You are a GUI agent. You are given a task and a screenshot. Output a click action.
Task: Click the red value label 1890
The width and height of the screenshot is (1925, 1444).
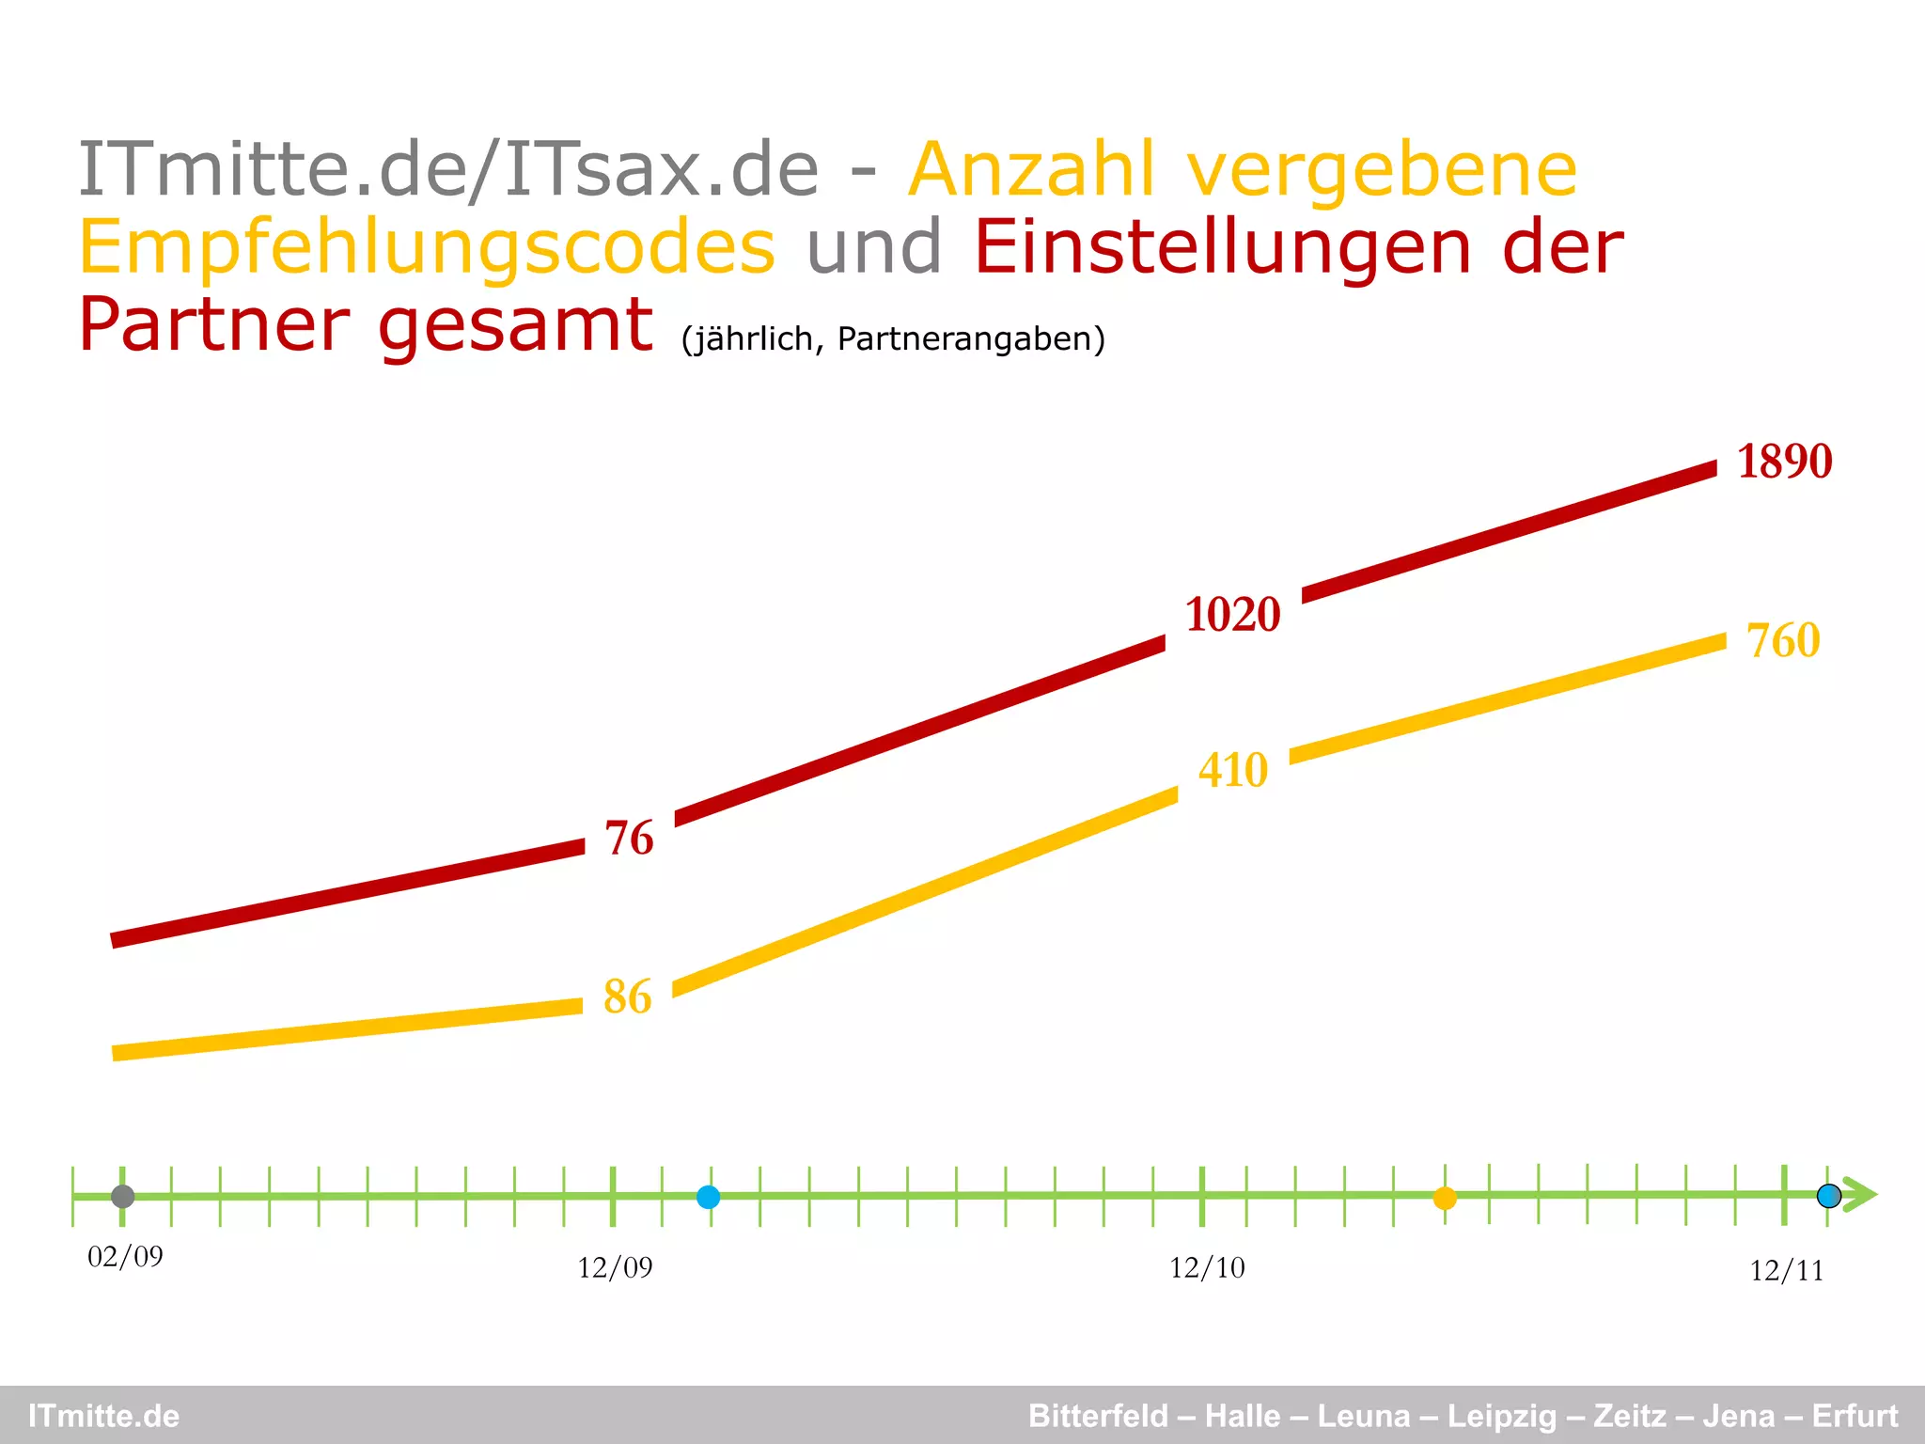(x=1784, y=462)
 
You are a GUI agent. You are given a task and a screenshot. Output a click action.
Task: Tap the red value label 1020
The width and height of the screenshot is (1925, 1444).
(x=1232, y=615)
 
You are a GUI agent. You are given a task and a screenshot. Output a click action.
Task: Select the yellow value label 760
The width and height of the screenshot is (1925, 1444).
(x=1783, y=640)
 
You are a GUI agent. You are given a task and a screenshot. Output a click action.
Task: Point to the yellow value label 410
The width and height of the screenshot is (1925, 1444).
(x=1233, y=770)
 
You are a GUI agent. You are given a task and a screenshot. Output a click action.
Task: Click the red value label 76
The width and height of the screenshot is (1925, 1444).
(x=629, y=838)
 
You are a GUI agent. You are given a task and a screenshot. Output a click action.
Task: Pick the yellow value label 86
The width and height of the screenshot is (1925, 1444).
(x=627, y=997)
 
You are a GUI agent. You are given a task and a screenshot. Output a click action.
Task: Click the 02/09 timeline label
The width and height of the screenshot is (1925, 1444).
(x=125, y=1257)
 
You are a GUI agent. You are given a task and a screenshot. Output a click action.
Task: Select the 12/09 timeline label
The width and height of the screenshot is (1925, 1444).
(x=615, y=1268)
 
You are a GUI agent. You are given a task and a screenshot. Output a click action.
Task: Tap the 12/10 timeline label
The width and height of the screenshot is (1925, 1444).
(x=1207, y=1268)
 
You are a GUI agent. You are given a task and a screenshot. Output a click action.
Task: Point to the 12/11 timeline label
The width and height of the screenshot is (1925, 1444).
(x=1786, y=1271)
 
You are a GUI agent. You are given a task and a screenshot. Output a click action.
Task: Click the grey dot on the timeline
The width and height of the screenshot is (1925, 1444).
(x=123, y=1197)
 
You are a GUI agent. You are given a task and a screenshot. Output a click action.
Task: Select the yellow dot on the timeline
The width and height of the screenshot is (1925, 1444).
(x=1445, y=1199)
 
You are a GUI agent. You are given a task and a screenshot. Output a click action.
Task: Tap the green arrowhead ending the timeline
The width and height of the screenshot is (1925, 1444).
(x=1860, y=1195)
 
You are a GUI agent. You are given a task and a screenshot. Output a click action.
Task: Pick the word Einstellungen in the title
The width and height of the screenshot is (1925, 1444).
(x=1222, y=247)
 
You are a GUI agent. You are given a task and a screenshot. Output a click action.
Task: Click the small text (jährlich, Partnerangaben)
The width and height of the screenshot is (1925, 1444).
(x=893, y=338)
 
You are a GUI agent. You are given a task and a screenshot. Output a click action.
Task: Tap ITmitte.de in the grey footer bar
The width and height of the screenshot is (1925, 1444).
(x=103, y=1416)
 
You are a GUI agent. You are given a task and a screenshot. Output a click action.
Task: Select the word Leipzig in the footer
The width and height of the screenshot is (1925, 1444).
(x=1502, y=1416)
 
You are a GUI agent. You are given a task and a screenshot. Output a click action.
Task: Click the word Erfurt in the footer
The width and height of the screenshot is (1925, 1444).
(x=1855, y=1416)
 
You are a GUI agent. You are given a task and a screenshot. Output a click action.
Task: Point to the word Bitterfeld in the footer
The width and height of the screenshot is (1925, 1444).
(x=1098, y=1416)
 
